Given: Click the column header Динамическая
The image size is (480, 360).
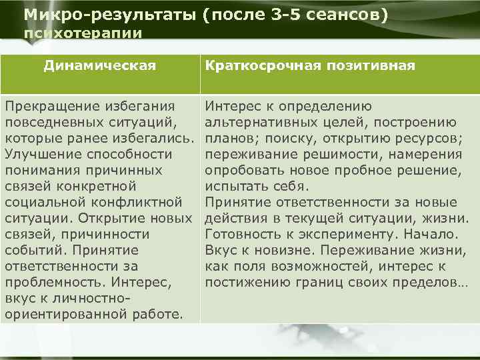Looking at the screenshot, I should [100, 65].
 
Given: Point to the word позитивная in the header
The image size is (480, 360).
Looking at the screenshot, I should [363, 65].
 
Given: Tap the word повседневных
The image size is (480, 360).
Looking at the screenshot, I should [53, 122].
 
